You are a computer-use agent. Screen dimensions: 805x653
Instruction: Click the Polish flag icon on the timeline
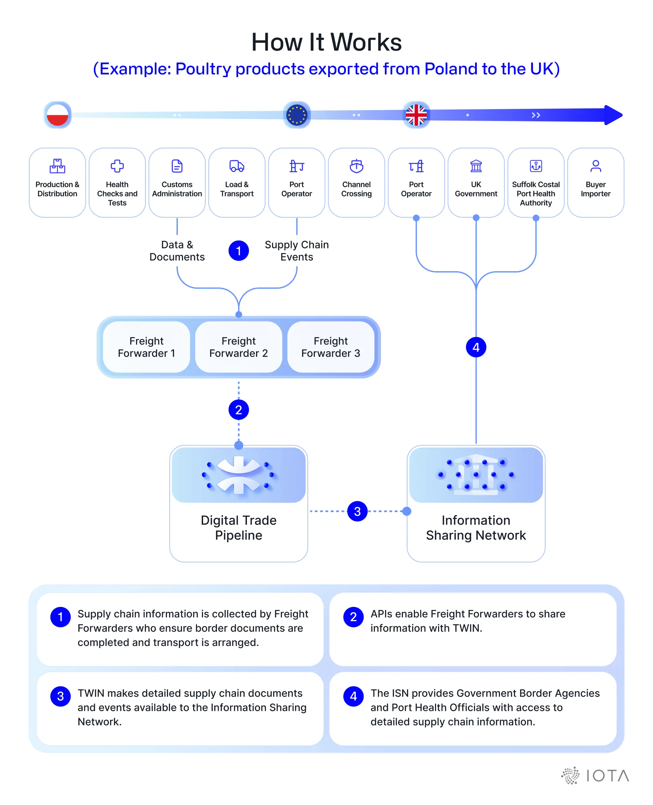[57, 115]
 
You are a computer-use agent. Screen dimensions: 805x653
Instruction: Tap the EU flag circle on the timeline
[297, 115]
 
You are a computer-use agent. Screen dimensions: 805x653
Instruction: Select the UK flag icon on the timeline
[416, 115]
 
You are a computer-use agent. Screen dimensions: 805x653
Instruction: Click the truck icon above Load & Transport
[237, 166]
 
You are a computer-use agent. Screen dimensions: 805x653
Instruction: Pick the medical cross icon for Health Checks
[117, 166]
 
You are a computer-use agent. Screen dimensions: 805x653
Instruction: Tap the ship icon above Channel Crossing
[356, 166]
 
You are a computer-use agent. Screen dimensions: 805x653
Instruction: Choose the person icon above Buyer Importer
[596, 166]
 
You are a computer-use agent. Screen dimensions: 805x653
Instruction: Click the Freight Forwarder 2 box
[238, 347]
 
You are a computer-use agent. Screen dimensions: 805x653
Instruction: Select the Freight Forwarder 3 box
[331, 347]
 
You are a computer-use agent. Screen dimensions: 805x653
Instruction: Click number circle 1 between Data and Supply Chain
[238, 251]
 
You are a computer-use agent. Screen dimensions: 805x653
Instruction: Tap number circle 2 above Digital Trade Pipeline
[238, 410]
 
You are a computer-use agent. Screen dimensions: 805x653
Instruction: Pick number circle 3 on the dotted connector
[357, 511]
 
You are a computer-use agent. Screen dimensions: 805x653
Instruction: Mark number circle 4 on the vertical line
[476, 347]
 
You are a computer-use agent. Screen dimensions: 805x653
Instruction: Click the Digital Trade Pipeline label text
[238, 527]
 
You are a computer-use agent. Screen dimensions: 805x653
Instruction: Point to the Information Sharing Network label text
[476, 527]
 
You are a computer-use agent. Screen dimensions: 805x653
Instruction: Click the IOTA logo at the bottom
[595, 776]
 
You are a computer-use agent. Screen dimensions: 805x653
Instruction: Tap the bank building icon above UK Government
[476, 166]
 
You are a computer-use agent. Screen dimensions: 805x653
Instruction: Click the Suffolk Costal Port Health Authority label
[536, 194]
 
